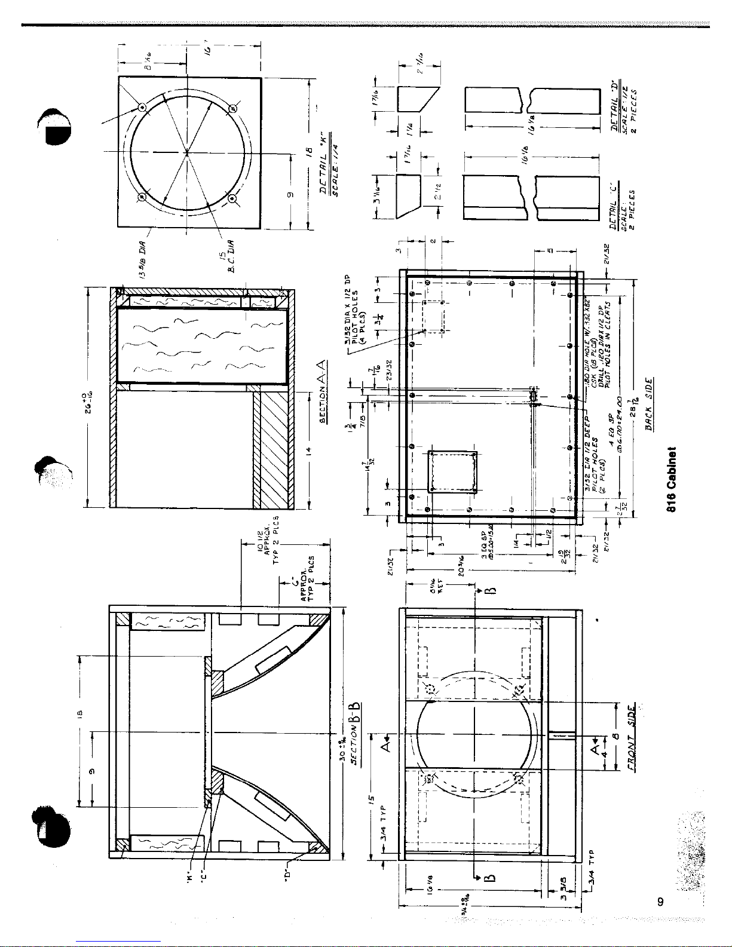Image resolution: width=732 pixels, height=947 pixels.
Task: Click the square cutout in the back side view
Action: (x=452, y=471)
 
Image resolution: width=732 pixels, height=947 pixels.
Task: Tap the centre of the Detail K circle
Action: (x=187, y=152)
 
